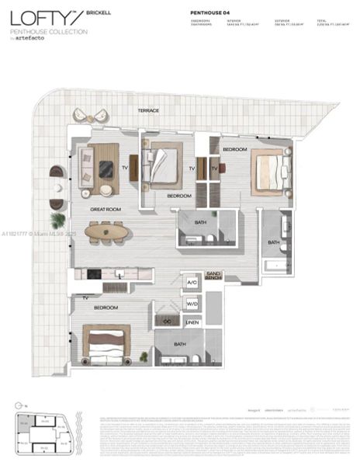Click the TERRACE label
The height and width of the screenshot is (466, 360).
click(148, 111)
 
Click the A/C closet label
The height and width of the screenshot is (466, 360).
click(192, 283)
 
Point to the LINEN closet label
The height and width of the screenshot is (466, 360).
click(192, 322)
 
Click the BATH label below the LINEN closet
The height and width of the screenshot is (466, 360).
click(180, 344)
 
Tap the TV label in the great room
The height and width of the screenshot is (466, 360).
click(124, 167)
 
